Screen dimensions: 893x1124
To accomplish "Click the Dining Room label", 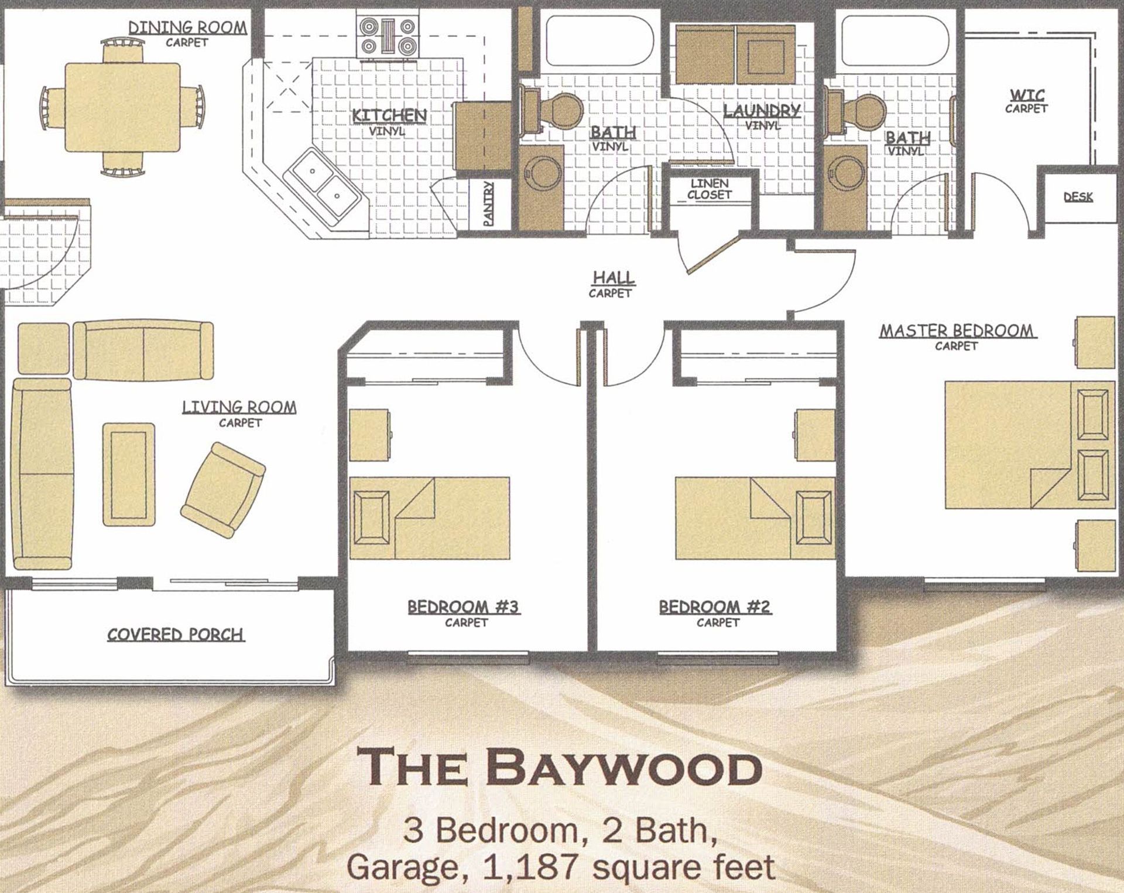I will tap(187, 28).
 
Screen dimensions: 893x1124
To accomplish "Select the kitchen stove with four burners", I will tap(387, 36).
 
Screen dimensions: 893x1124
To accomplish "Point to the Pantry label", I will tap(488, 203).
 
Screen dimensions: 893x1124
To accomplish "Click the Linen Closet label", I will tap(710, 189).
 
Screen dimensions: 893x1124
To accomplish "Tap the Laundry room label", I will tap(761, 111).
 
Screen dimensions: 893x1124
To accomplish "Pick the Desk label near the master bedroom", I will tap(1078, 197).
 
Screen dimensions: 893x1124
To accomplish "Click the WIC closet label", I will tap(1027, 96).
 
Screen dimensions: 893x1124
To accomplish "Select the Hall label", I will tap(614, 278).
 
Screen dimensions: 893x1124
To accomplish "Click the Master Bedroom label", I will tap(957, 331).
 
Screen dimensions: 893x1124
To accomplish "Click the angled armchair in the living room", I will tap(223, 490).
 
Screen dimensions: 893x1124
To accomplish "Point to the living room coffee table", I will tap(129, 475).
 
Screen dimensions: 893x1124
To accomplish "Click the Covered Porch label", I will tap(175, 635).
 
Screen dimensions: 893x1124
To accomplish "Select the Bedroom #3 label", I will tap(464, 606).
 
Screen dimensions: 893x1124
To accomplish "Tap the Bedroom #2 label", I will tap(715, 606).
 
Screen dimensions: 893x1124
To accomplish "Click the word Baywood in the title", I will tap(623, 769).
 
